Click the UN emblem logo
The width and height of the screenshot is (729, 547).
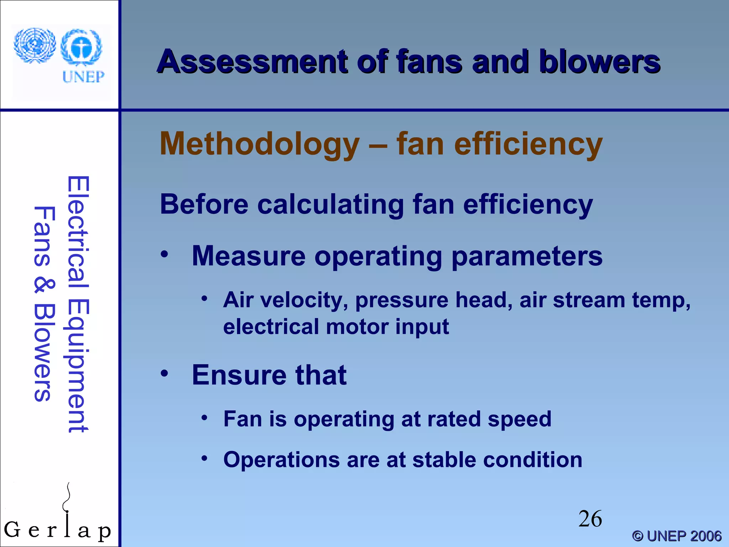35,45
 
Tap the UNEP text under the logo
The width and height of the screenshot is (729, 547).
83,77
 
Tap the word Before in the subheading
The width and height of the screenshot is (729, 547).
204,204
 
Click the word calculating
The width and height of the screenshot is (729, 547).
331,205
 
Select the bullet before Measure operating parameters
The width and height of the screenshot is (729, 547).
164,254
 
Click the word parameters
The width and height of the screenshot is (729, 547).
527,256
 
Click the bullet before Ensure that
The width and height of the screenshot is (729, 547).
164,374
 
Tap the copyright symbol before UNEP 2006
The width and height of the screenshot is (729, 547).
638,536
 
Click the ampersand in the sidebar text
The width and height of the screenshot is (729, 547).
44,286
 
